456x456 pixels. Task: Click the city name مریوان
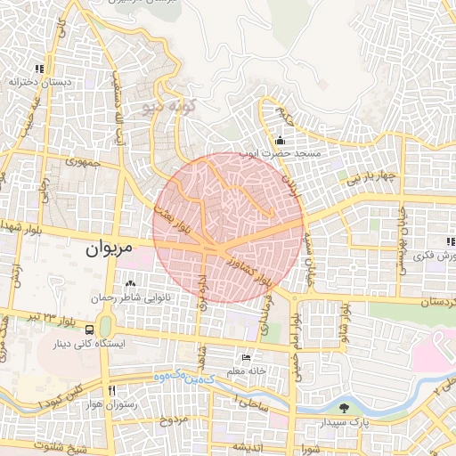(110, 250)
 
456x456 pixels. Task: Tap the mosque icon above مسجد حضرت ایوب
(281, 140)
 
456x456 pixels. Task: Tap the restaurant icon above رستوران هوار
(112, 390)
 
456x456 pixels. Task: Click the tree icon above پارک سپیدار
(343, 407)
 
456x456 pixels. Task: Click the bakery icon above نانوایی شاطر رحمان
(142, 284)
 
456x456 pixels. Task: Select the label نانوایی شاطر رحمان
(141, 297)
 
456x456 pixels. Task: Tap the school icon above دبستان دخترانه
(39, 69)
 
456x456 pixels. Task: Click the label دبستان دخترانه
(39, 81)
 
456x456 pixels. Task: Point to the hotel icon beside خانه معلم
(246, 358)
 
